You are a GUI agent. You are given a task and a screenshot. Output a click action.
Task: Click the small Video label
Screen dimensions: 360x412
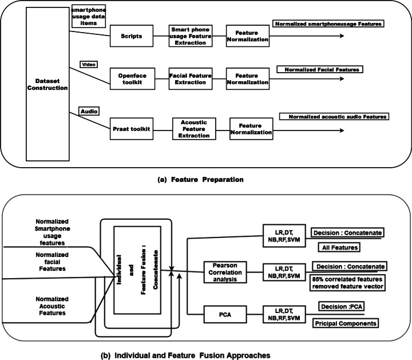click(88, 65)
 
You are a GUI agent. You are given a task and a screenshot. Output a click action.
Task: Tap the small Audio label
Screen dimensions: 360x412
click(88, 110)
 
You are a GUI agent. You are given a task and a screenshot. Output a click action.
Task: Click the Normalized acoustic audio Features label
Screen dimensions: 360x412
click(334, 117)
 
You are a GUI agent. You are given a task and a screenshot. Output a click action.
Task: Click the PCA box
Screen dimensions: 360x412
click(224, 313)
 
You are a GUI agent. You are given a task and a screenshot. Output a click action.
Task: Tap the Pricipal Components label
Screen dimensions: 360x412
click(343, 324)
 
